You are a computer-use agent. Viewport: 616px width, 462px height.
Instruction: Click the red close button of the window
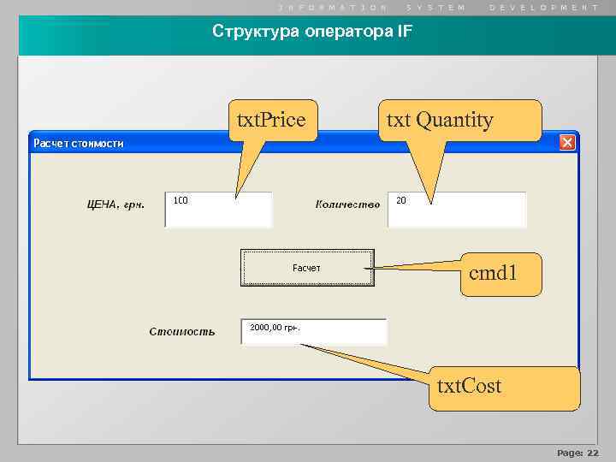coord(566,143)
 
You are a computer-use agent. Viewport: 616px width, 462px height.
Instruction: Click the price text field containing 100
coord(218,210)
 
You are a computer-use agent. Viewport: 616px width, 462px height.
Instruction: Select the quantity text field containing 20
coord(457,210)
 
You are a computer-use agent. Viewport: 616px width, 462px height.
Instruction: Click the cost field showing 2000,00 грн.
coord(313,331)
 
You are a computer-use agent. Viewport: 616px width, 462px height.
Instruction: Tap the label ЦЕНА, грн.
coord(116,204)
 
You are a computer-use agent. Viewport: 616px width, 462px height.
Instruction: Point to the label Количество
coord(347,204)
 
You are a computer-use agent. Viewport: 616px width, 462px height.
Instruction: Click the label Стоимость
coord(182,331)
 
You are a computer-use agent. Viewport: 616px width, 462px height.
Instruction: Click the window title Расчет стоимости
coord(79,143)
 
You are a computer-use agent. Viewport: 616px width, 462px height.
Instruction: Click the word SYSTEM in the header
coord(436,7)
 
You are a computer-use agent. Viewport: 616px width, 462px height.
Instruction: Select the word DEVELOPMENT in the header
coord(544,7)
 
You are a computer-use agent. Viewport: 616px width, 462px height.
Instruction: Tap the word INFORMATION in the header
coord(334,7)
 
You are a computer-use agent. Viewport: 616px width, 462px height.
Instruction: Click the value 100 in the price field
coord(181,200)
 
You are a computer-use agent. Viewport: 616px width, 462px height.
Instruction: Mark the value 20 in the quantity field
coord(401,200)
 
